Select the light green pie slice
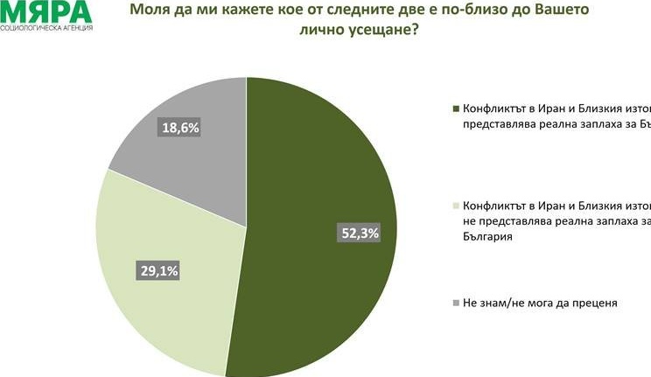point(166,280)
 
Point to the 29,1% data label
point(158,271)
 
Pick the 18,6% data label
point(181,129)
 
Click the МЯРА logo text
point(45,12)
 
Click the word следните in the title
point(337,13)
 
